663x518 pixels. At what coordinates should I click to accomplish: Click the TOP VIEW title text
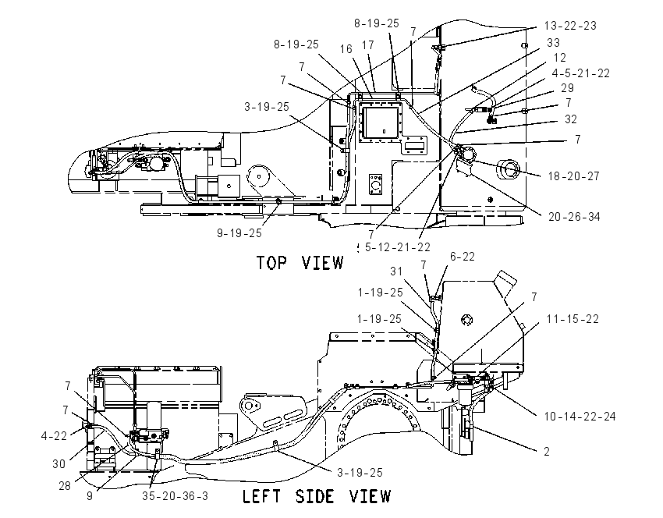pyautogui.click(x=300, y=263)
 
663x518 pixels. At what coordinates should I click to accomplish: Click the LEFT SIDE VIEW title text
pyautogui.click(x=317, y=496)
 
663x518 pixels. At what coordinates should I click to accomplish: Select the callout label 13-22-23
pyautogui.click(x=570, y=26)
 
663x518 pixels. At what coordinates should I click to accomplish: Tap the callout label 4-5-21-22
pyautogui.click(x=580, y=73)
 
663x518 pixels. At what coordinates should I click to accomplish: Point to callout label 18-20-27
pyautogui.click(x=574, y=176)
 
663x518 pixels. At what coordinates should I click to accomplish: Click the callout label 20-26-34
pyautogui.click(x=574, y=217)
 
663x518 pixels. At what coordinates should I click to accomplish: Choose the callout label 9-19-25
pyautogui.click(x=239, y=233)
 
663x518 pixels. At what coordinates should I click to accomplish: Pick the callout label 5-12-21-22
pyautogui.click(x=398, y=247)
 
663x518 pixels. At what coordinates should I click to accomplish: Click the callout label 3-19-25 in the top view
pyautogui.click(x=267, y=107)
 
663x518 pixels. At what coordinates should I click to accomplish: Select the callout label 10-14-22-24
pyautogui.click(x=580, y=417)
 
